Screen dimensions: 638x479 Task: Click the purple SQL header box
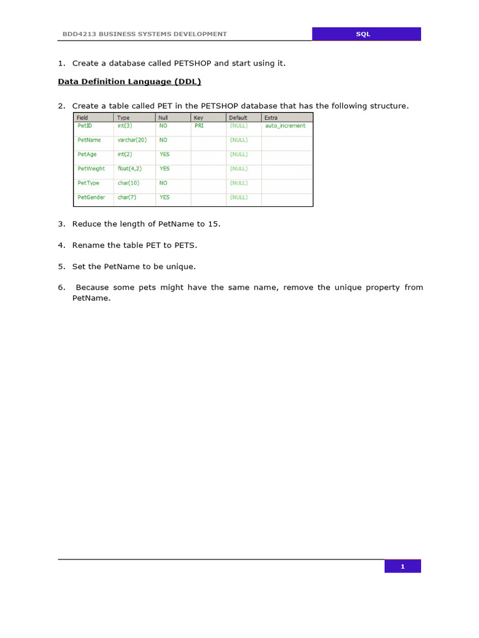[x=366, y=34]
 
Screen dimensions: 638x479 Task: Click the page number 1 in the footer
[x=402, y=566]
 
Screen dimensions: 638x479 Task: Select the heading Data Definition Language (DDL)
[x=129, y=82]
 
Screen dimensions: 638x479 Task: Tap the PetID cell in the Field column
[x=85, y=126]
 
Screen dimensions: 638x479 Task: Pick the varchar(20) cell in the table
[x=132, y=140]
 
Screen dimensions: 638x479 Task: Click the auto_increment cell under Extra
[x=285, y=126]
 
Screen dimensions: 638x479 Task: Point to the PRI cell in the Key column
[x=199, y=126]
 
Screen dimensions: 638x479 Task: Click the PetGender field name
[x=91, y=198]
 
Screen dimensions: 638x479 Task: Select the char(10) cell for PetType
[x=128, y=183]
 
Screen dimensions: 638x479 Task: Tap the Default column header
[x=238, y=117]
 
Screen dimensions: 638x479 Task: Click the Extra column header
[x=271, y=117]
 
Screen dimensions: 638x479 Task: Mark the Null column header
[x=163, y=117]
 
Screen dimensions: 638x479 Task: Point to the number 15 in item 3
[x=215, y=224]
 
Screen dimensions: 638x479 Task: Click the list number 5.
[x=61, y=266]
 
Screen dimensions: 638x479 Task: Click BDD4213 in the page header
[x=77, y=34]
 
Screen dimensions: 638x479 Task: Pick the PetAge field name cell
[x=87, y=155]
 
